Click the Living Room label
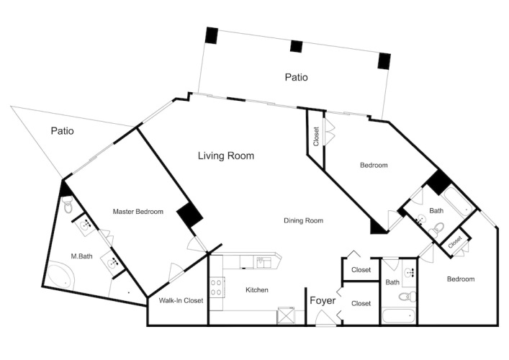(x=226, y=156)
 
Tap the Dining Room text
(x=304, y=221)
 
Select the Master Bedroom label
(x=138, y=212)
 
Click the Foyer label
(x=323, y=300)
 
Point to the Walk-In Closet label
(x=181, y=300)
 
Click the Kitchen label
(x=257, y=290)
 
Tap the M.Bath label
(x=81, y=256)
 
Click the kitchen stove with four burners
(x=216, y=287)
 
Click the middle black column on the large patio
(x=296, y=46)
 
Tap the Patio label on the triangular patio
(x=63, y=131)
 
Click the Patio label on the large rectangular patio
(x=296, y=77)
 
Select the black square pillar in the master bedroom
(x=190, y=215)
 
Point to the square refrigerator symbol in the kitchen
(x=286, y=315)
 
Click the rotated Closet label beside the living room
(x=316, y=136)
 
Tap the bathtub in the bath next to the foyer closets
(x=399, y=316)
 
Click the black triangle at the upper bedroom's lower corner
(x=377, y=228)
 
